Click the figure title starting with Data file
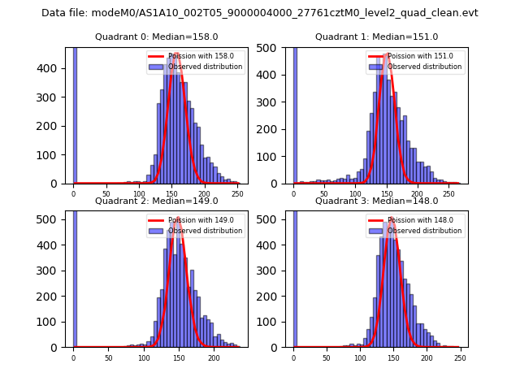260,13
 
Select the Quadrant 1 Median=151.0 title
376,37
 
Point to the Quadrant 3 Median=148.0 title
376,201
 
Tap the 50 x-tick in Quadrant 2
108,358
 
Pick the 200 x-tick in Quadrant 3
427,358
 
